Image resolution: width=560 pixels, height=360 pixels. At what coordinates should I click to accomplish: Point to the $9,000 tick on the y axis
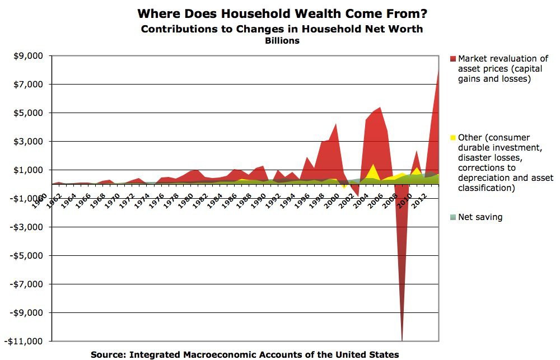28,56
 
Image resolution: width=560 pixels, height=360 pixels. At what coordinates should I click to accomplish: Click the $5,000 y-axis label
28,113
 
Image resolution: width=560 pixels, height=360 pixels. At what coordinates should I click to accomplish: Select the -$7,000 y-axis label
26,284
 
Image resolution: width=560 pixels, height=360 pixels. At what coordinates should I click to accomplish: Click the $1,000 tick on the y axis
28,170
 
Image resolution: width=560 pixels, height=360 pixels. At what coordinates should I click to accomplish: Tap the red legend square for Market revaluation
452,59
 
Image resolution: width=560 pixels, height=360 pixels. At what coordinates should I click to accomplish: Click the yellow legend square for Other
452,138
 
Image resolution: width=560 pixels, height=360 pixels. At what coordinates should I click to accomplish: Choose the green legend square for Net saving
452,217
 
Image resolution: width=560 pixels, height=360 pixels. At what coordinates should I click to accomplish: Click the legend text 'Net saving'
480,217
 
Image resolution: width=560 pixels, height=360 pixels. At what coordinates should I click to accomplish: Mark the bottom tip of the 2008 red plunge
401,339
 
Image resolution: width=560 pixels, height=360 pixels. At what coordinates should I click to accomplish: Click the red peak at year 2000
336,124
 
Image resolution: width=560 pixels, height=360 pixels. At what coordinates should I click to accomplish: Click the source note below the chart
245,354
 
